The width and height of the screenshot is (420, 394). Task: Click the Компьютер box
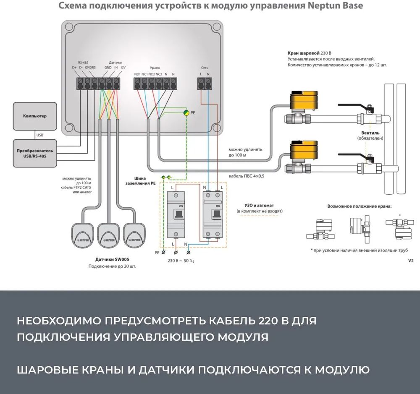pos(35,116)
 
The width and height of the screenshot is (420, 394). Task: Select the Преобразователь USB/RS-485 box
pos(35,153)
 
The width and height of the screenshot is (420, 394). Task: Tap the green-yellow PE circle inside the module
pos(186,112)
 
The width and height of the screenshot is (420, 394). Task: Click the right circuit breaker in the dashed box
pos(212,215)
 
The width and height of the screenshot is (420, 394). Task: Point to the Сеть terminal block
pos(205,83)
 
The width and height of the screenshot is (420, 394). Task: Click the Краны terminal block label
pos(155,68)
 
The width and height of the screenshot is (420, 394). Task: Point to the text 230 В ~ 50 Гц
pos(181,260)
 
